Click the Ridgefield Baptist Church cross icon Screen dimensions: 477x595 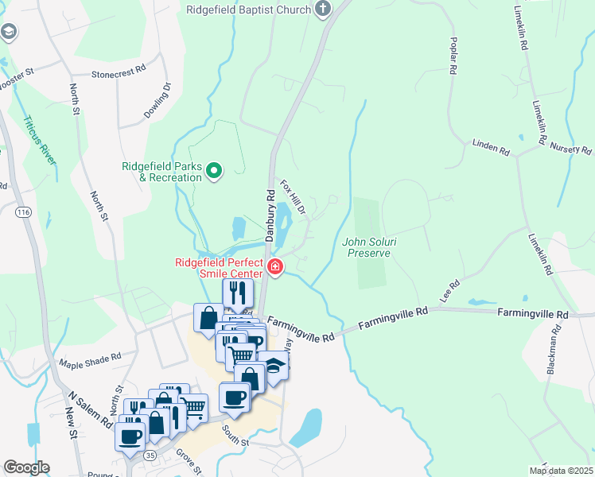[x=322, y=10]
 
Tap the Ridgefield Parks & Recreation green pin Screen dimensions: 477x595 [x=213, y=170]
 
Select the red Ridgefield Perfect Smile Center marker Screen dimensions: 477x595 [x=274, y=266]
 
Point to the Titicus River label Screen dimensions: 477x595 [x=39, y=140]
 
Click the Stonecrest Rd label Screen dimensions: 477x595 [x=119, y=71]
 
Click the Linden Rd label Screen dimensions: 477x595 [x=490, y=148]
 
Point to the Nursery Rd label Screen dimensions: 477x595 [x=571, y=149]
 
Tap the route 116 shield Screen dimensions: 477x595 [x=23, y=212]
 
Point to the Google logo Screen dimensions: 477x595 [x=26, y=467]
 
